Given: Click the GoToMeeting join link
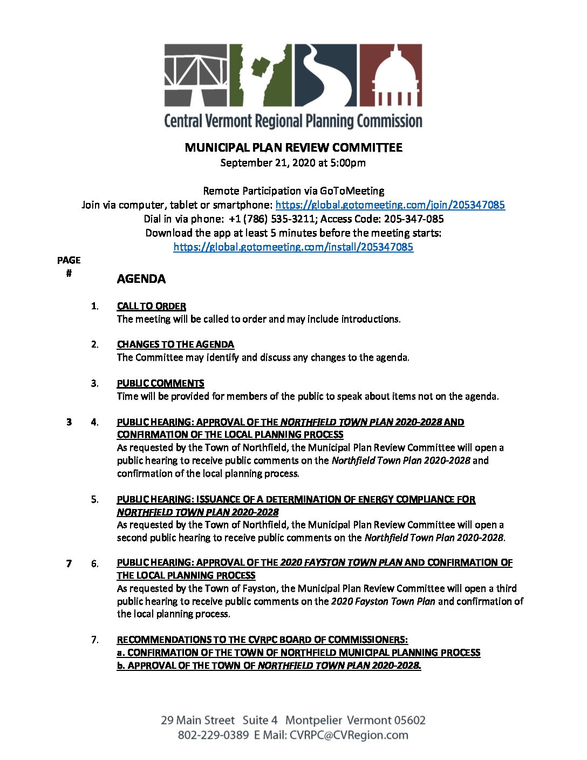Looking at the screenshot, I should (390, 205).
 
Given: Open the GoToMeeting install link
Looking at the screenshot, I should (293, 247).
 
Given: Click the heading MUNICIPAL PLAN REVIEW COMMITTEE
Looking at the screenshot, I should (293, 147).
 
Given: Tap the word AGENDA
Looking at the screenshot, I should (141, 279).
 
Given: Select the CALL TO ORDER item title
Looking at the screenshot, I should (151, 306).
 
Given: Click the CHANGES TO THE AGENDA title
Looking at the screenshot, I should (175, 344).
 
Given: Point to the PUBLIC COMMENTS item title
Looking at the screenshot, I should (160, 383).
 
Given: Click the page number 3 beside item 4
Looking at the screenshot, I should (69, 422).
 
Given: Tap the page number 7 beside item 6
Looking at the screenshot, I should (69, 564).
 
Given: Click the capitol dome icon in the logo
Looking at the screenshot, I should (391, 75).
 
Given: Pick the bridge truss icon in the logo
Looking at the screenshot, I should (195, 75).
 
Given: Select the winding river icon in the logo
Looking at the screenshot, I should (325, 75).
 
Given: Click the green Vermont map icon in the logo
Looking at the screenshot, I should (261, 75).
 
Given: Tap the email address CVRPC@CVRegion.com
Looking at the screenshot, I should (349, 735).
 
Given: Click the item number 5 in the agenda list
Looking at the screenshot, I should (94, 499).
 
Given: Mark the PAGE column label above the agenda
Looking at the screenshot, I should (69, 260).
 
